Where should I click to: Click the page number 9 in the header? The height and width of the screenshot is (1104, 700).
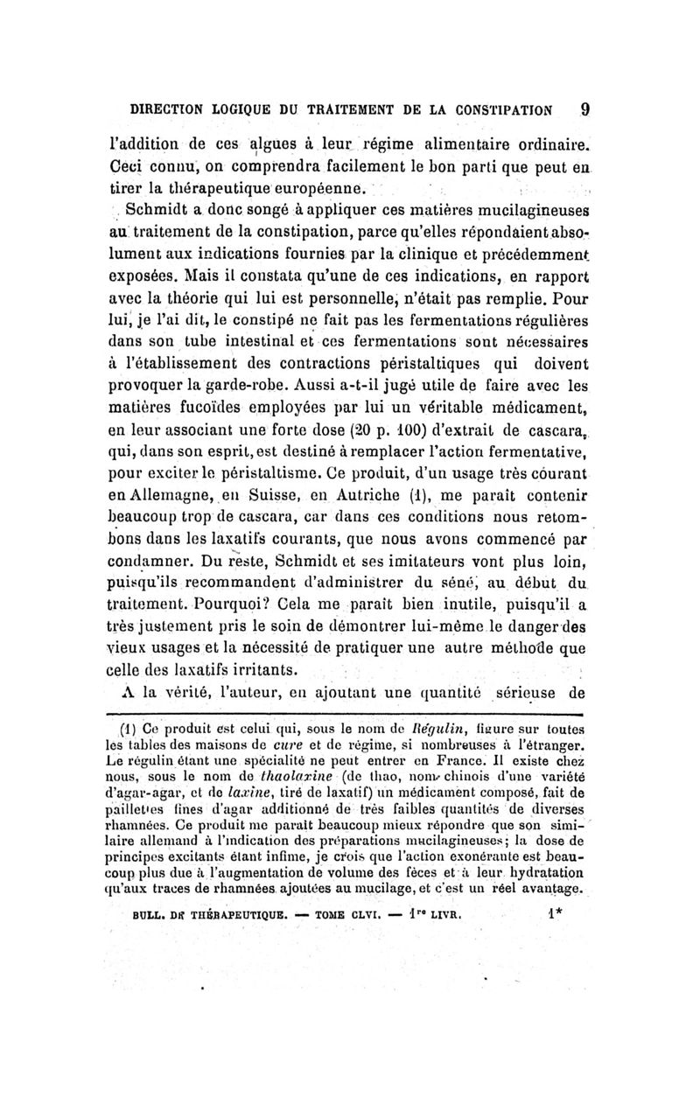(584, 111)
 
